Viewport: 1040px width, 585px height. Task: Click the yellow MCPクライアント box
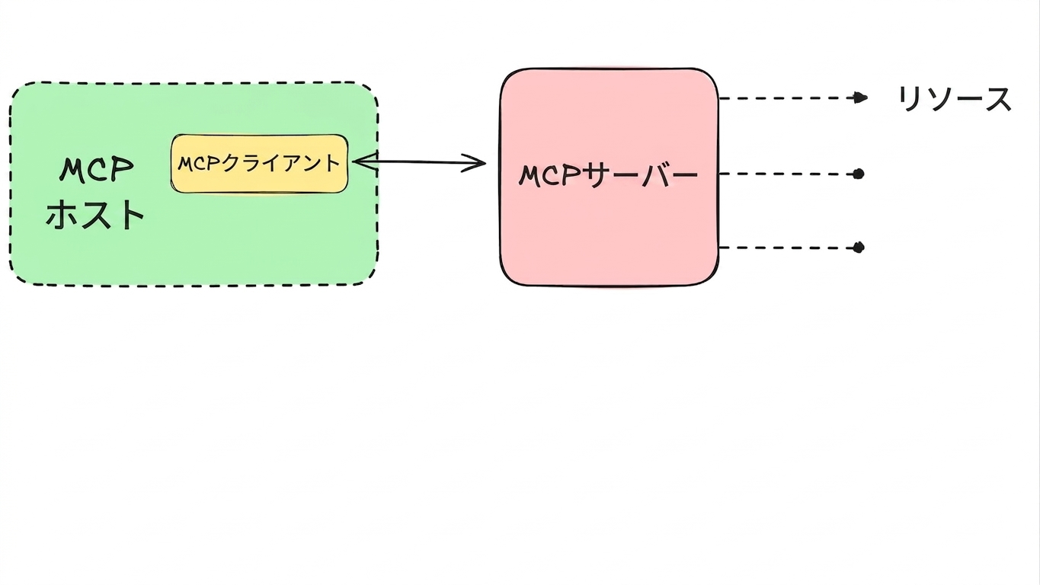pos(259,164)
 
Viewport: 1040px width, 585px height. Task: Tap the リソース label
pos(955,99)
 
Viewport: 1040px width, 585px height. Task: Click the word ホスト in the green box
pos(94,215)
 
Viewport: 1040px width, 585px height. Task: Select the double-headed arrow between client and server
pos(419,162)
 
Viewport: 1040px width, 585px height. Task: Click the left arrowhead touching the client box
pos(365,161)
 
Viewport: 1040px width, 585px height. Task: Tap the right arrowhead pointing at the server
pos(475,163)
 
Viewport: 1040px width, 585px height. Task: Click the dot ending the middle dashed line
pos(859,174)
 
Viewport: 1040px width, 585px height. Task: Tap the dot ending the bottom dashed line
pos(859,248)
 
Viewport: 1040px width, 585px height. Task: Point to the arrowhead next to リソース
pos(860,98)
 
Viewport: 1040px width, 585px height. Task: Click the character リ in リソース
pos(907,99)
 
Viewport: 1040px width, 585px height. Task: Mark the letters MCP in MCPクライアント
pos(199,164)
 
